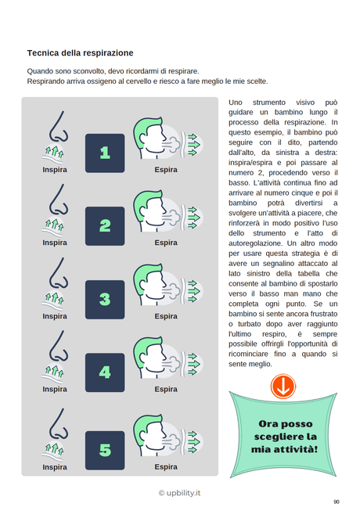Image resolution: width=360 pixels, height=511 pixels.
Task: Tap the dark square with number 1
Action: tap(105, 153)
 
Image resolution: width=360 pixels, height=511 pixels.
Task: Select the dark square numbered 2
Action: tap(105, 226)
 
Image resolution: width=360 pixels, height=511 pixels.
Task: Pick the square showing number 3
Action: tap(105, 299)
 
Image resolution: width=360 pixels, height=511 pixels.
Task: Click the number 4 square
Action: tap(105, 372)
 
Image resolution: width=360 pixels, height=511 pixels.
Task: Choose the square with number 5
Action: tap(105, 450)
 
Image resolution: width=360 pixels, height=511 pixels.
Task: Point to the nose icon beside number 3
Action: tap(56, 282)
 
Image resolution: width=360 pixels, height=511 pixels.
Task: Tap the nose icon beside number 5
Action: tap(56, 432)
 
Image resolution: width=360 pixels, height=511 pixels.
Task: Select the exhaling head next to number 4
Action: tap(157, 359)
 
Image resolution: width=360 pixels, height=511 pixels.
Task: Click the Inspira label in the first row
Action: tap(55, 169)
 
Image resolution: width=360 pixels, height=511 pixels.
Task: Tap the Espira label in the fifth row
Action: tap(166, 467)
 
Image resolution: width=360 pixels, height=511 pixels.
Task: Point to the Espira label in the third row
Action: tap(166, 316)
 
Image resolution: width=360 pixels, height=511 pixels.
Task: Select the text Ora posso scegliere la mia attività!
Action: tap(287, 436)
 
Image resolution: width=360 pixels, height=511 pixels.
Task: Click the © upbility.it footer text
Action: tap(179, 493)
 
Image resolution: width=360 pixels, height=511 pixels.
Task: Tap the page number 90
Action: tap(336, 502)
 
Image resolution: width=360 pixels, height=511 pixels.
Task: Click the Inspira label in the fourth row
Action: tap(55, 389)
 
